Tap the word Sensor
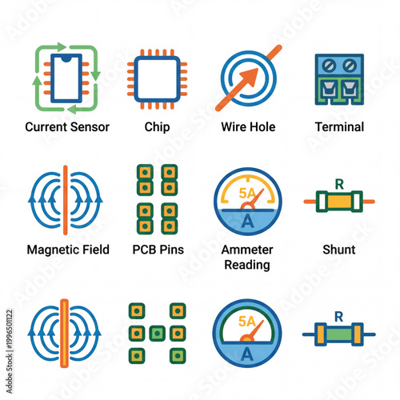pyautogui.click(x=90, y=126)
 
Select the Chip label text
pyautogui.click(x=157, y=126)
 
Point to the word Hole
pyautogui.click(x=263, y=126)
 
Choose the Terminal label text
pyautogui.click(x=338, y=126)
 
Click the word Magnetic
pyautogui.click(x=52, y=250)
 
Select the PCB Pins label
pyautogui.click(x=158, y=250)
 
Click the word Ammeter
pyautogui.click(x=247, y=250)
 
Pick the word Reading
pyautogui.click(x=247, y=265)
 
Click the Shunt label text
pyautogui.click(x=338, y=250)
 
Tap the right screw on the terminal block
pyautogui.click(x=350, y=65)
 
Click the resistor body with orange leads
pyautogui.click(x=339, y=202)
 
